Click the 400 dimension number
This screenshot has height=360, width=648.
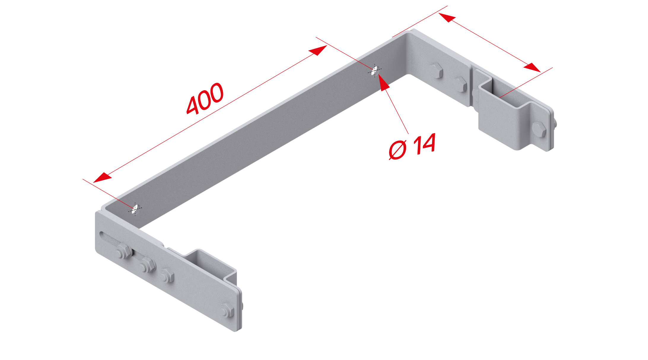pyautogui.click(x=205, y=99)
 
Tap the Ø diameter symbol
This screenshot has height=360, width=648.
pyautogui.click(x=397, y=150)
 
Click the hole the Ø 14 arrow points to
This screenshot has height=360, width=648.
pyautogui.click(x=375, y=70)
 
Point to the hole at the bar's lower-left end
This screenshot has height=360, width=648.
pyautogui.click(x=135, y=209)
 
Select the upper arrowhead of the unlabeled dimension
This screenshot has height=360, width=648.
pyautogui.click(x=447, y=18)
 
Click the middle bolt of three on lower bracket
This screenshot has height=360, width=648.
pyautogui.click(x=147, y=265)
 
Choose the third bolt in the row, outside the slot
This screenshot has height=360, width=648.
pyautogui.click(x=167, y=275)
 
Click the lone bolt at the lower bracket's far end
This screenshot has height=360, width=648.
pyautogui.click(x=227, y=310)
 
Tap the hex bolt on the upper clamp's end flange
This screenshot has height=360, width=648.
pyautogui.click(x=539, y=129)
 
